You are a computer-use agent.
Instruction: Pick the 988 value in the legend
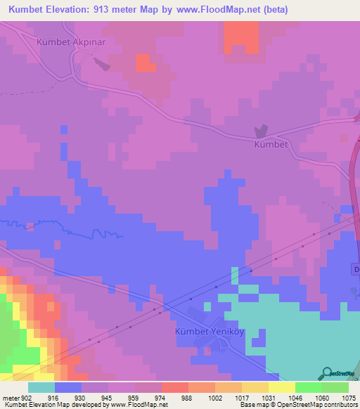[187, 397]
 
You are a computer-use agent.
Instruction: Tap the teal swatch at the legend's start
[41, 387]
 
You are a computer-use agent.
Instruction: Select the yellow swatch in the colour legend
[281, 387]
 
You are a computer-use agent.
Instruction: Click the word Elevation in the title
[79, 11]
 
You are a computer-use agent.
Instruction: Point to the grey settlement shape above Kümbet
[261, 131]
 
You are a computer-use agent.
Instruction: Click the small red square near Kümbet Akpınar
[146, 63]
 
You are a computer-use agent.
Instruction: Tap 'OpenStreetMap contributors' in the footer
[324, 405]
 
